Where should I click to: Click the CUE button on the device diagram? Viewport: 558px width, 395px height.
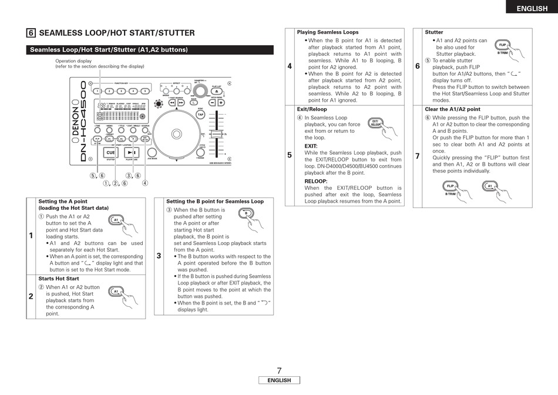click(110, 152)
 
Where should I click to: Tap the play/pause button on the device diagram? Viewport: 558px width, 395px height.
click(130, 152)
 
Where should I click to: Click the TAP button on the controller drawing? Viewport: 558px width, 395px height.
click(200, 115)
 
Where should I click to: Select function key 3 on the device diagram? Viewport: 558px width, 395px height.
click(121, 91)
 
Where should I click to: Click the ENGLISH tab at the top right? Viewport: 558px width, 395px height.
click(532, 8)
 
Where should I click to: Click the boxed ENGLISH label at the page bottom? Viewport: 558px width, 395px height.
click(279, 380)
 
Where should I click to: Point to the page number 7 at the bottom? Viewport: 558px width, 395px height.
click(279, 370)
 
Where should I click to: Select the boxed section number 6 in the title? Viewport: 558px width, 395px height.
click(31, 34)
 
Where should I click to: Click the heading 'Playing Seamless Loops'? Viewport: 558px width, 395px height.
click(328, 32)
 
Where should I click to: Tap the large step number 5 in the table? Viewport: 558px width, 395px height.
click(290, 155)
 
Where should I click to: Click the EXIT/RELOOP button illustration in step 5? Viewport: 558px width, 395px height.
click(375, 123)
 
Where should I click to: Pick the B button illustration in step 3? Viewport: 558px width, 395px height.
click(246, 213)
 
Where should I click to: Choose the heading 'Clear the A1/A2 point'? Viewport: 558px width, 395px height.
click(452, 109)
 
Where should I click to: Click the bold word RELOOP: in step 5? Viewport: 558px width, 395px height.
click(316, 182)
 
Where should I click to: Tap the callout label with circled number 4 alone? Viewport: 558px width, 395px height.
click(145, 183)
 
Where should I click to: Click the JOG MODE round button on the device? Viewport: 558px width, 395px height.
click(152, 152)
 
